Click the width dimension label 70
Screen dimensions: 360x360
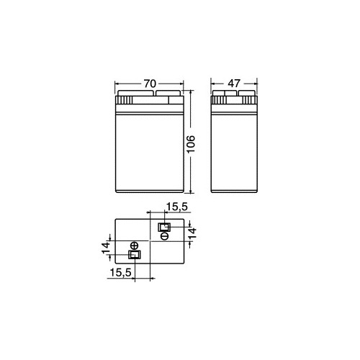150,84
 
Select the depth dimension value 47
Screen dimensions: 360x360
234,84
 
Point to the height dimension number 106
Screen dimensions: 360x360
191,144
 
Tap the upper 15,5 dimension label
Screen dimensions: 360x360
177,207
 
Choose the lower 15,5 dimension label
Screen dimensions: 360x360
121,272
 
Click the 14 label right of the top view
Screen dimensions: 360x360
192,233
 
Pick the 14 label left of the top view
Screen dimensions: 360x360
105,248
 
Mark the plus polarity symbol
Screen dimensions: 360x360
134,246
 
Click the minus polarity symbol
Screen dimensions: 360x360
165,236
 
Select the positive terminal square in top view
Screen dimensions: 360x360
135,254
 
